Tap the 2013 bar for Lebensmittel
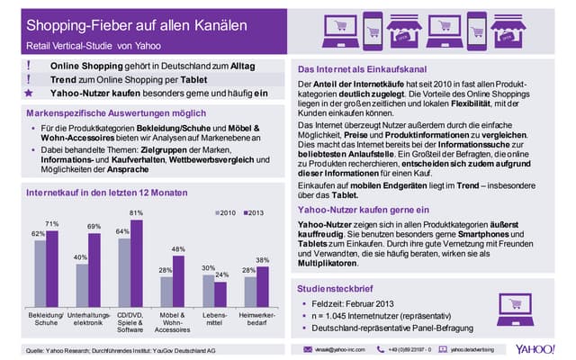click(x=220, y=294)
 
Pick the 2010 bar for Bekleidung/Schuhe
click(x=39, y=274)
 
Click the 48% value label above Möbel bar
click(x=178, y=249)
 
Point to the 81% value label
click(x=137, y=212)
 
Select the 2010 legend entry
click(x=226, y=212)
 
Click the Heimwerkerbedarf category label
click(x=256, y=319)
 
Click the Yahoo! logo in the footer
click(x=537, y=347)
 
